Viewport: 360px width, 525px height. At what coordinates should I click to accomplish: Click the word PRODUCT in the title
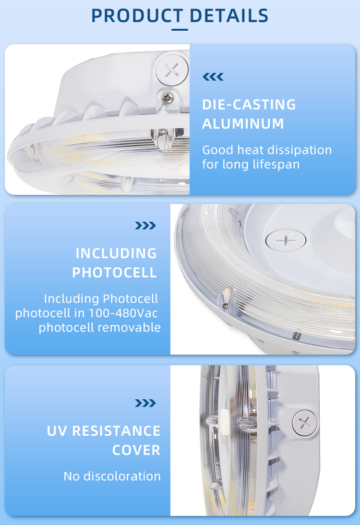(x=137, y=16)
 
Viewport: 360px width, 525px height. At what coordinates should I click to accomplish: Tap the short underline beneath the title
(x=180, y=30)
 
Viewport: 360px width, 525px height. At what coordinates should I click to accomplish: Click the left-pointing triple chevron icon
(x=213, y=77)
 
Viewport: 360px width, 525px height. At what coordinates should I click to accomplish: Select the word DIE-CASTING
(x=249, y=105)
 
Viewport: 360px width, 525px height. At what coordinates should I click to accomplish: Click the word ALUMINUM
(x=243, y=124)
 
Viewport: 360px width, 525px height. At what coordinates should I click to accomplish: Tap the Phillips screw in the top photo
(x=168, y=97)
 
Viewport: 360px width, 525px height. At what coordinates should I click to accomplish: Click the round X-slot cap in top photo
(x=172, y=70)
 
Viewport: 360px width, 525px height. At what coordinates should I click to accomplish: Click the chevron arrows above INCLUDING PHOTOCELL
(x=145, y=226)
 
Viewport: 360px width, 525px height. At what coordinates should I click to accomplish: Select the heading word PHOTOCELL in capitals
(x=115, y=273)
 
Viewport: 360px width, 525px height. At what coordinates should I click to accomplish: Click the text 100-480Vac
(x=123, y=313)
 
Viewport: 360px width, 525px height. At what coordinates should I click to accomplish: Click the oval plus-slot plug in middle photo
(x=286, y=240)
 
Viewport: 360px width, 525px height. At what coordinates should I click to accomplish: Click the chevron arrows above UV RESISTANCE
(x=145, y=403)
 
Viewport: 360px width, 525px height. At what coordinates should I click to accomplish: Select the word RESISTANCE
(x=116, y=431)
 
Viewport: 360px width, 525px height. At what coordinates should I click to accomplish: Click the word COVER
(x=136, y=450)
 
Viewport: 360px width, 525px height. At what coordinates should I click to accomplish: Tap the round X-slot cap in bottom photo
(x=305, y=423)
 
